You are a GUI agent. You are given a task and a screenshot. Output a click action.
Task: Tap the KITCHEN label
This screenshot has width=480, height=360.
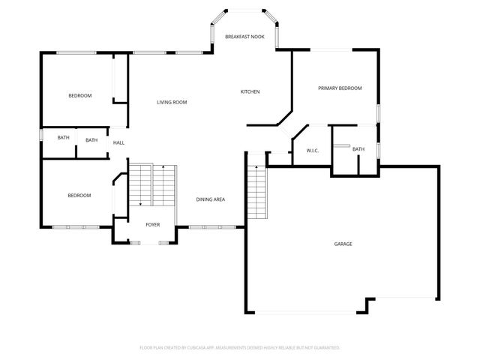tap(250, 91)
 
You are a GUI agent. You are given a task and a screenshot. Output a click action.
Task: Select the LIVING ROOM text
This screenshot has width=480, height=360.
tap(171, 102)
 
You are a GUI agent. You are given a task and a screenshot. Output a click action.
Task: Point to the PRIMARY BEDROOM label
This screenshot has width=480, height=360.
tap(340, 88)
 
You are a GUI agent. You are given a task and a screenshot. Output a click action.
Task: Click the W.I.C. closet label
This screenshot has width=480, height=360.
tap(313, 151)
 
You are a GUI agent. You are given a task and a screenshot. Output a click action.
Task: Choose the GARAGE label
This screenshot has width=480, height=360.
tap(343, 244)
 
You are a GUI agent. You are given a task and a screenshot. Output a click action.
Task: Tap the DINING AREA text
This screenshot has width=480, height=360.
tap(211, 199)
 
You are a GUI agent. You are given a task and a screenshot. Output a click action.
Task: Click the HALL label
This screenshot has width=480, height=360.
tap(118, 142)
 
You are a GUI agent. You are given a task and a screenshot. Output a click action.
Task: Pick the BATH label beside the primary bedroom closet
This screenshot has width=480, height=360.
tap(358, 149)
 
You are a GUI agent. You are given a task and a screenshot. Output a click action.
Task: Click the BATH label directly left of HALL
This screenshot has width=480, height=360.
tap(91, 140)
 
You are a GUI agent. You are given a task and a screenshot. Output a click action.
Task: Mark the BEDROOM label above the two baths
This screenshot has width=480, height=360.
tap(79, 95)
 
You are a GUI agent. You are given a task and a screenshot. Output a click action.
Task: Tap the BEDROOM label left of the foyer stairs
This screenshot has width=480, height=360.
tap(79, 196)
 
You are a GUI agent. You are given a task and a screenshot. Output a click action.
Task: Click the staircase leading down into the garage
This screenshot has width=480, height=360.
tap(256, 191)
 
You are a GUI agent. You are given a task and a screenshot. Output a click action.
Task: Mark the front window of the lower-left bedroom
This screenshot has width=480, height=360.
tap(76, 226)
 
